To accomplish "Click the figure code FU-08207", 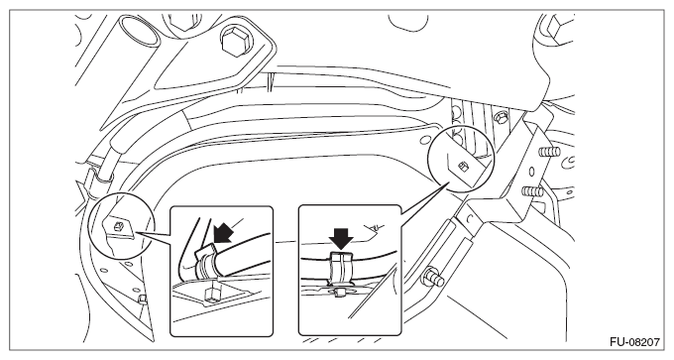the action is [634, 342].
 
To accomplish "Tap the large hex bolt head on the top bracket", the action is [235, 43].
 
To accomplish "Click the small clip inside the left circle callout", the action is [120, 226].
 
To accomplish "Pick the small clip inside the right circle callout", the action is [463, 166].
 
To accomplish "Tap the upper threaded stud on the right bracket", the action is [549, 153].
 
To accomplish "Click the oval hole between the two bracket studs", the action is [531, 172].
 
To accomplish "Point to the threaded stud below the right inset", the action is [434, 278].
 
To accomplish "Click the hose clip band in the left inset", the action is [205, 263].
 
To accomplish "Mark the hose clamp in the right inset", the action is [340, 268].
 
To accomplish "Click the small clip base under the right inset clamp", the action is [340, 293].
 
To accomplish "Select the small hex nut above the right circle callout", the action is [500, 117].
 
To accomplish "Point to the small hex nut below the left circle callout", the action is [143, 300].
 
